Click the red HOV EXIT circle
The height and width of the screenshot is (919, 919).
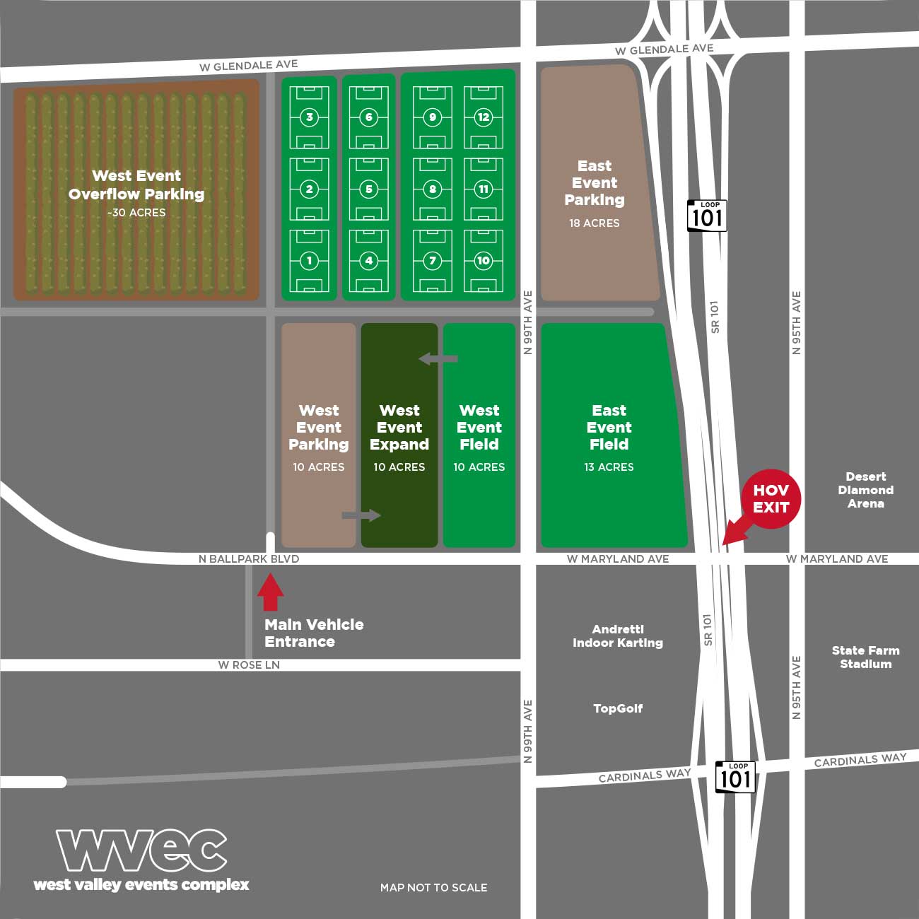pos(771,498)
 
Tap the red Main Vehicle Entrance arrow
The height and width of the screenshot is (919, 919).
pos(270,592)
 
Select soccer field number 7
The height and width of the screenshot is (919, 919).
pos(433,261)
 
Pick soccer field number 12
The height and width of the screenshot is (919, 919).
pos(484,117)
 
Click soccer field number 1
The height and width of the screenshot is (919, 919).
pos(309,261)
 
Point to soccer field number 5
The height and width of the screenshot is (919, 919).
pos(368,189)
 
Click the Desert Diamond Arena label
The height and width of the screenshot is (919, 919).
pos(865,490)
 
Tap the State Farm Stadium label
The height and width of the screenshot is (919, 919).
pos(865,657)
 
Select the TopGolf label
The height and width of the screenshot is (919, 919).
pos(618,708)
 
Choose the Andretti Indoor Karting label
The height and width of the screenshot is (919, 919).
pos(618,636)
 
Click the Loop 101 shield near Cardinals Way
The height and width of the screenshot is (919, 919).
pos(735,777)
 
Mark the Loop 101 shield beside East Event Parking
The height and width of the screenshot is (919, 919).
pos(707,216)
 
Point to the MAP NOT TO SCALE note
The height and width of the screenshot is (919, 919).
pos(433,887)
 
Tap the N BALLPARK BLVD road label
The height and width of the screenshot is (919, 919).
pos(249,559)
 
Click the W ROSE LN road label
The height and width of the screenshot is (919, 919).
pos(249,665)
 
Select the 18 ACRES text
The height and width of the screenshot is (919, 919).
pos(594,223)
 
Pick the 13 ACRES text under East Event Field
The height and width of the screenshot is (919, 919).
pos(609,467)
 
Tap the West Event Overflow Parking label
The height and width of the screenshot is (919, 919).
pos(136,185)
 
